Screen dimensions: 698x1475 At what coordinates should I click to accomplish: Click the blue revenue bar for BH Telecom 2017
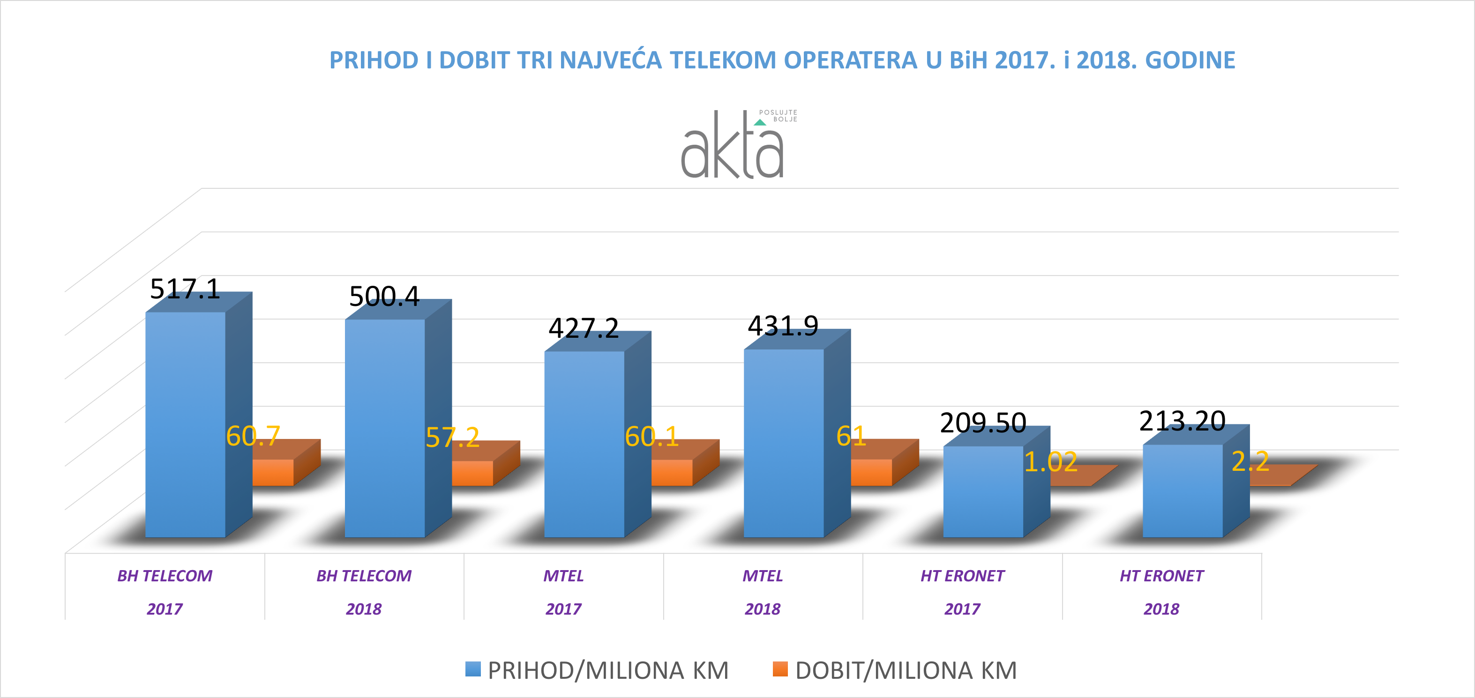(x=185, y=423)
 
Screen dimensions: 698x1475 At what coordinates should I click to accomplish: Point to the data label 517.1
(x=185, y=289)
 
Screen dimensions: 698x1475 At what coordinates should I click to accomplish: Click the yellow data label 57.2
(x=452, y=438)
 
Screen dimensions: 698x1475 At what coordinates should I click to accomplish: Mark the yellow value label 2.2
(x=1250, y=461)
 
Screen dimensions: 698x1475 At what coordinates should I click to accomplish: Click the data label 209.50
(x=982, y=423)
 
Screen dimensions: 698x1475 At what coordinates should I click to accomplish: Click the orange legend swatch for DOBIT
(x=780, y=669)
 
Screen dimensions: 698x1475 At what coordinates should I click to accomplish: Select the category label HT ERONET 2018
(x=1161, y=592)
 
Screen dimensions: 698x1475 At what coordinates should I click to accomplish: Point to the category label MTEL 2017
(x=563, y=592)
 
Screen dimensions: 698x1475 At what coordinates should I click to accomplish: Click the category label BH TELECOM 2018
(x=364, y=592)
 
